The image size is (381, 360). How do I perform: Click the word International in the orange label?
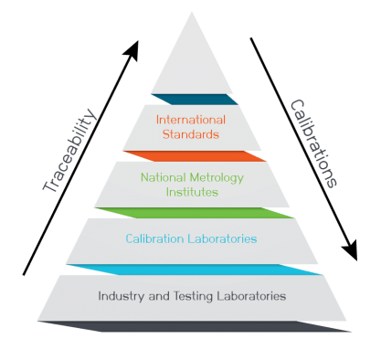click(x=188, y=120)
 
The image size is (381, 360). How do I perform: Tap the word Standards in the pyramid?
click(x=188, y=133)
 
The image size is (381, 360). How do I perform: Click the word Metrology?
click(x=214, y=179)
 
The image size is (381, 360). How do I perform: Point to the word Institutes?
click(x=189, y=193)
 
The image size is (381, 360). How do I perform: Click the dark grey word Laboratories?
click(x=250, y=296)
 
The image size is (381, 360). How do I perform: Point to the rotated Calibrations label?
click(x=313, y=144)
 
